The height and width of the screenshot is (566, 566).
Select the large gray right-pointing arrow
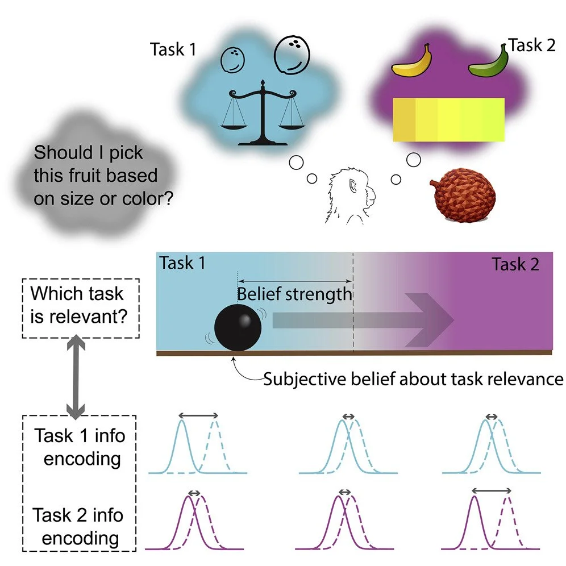click(364, 321)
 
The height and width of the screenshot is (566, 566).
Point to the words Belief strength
click(294, 294)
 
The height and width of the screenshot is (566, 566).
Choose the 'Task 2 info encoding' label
click(78, 526)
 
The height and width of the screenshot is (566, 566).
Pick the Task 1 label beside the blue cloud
click(173, 50)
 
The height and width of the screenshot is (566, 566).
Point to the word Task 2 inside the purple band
click(515, 264)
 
